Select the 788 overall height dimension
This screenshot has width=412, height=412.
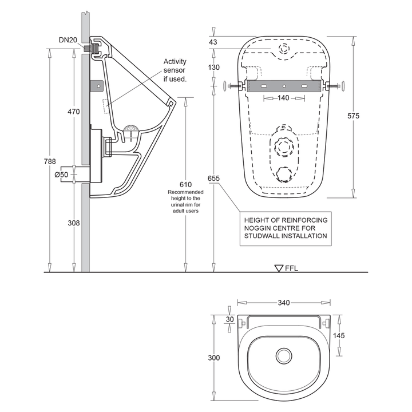pyautogui.click(x=51, y=161)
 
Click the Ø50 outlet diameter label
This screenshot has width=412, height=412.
pyautogui.click(x=62, y=175)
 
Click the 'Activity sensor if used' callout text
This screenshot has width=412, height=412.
pyautogui.click(x=175, y=70)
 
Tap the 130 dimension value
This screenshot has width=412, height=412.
pyautogui.click(x=213, y=68)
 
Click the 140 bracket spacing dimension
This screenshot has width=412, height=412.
pyautogui.click(x=284, y=98)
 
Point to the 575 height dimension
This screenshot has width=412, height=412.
pyautogui.click(x=353, y=116)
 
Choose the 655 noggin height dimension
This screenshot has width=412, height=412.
pyautogui.click(x=214, y=178)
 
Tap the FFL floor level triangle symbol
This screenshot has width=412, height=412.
pyautogui.click(x=280, y=267)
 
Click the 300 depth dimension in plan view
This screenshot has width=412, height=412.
pyautogui.click(x=213, y=358)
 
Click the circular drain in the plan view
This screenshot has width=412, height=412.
pyautogui.click(x=283, y=356)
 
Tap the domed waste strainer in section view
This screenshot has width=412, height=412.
pyautogui.click(x=131, y=129)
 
